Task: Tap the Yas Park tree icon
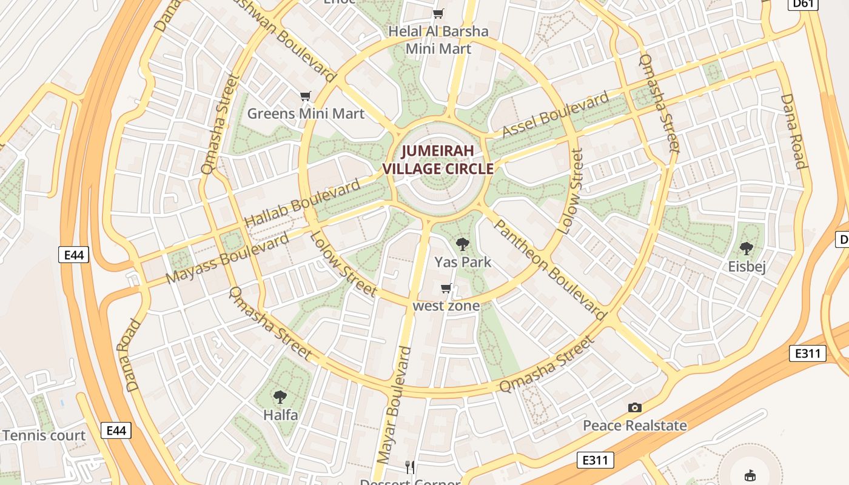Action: click(x=463, y=244)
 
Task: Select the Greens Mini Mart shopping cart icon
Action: click(x=306, y=96)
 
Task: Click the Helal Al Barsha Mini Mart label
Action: click(x=438, y=39)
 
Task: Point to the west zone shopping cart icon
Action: click(x=446, y=289)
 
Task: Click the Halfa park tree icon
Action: click(x=280, y=398)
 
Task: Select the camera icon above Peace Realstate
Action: click(x=635, y=408)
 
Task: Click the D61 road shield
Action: click(x=802, y=4)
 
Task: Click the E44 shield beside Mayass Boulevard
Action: click(x=74, y=255)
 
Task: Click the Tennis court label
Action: click(x=44, y=435)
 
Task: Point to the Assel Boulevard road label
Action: click(x=555, y=115)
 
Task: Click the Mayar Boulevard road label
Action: click(x=394, y=413)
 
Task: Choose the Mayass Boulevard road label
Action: click(x=227, y=258)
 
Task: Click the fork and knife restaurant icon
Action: click(x=411, y=467)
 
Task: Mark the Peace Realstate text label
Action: click(x=635, y=426)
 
